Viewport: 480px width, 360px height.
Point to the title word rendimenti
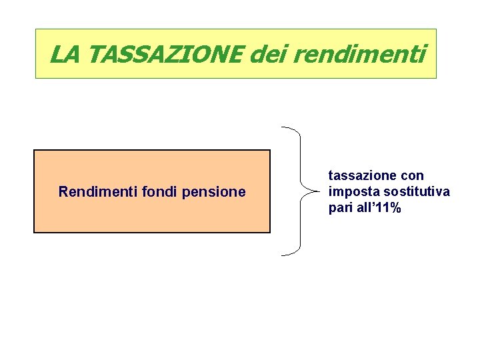click(358, 54)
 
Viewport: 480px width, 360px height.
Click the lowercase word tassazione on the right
click(364, 176)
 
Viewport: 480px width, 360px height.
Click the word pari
click(340, 209)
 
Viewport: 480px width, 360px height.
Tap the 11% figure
click(388, 208)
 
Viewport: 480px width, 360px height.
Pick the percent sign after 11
click(395, 208)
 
